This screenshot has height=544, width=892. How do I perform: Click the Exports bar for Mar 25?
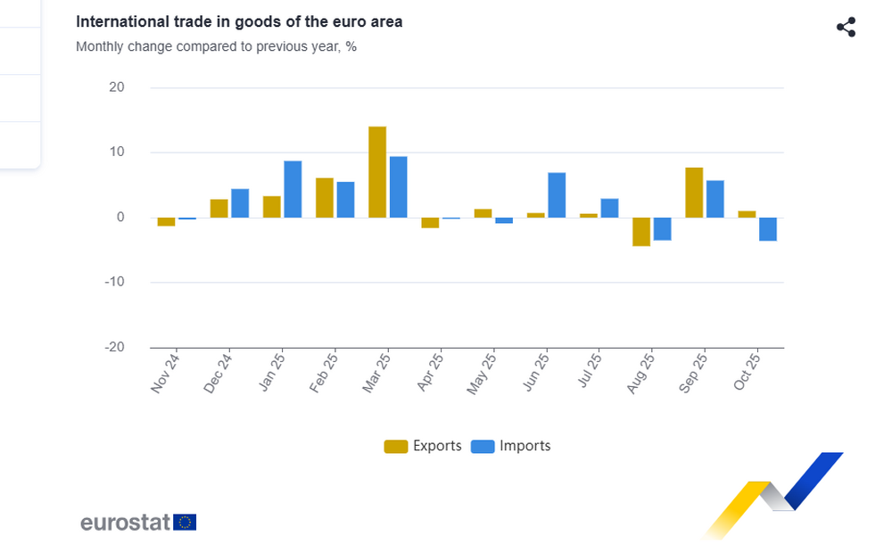pos(377,172)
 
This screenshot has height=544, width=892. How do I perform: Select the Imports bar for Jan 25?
pos(293,189)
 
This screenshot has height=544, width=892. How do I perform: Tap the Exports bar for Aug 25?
pos(641,232)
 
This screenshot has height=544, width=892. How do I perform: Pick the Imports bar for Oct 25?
pos(768,229)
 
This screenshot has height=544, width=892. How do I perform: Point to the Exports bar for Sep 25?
pos(694,193)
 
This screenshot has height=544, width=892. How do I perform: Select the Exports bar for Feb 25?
pos(325,198)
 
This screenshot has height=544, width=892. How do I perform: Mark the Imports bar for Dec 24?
pos(240,203)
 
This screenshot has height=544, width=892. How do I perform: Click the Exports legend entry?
pos(423,446)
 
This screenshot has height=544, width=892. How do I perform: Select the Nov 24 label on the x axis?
pos(165,372)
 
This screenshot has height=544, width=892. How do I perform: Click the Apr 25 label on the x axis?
pos(429,372)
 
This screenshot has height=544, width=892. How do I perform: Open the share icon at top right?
pos(846,28)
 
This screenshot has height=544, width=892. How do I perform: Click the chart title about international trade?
pos(239,21)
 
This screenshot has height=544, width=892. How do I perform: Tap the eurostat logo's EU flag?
pos(186,522)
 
